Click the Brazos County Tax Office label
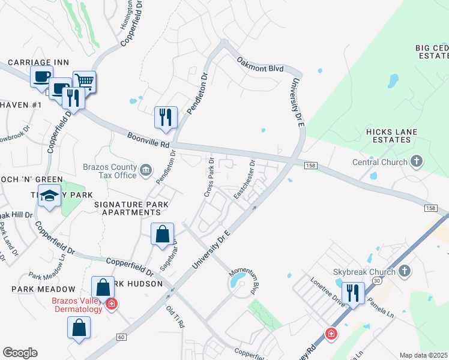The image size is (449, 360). click(x=109, y=171)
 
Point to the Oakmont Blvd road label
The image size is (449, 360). click(x=260, y=65)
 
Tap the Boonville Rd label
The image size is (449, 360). click(x=149, y=142)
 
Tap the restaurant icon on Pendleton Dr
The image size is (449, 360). click(x=166, y=116)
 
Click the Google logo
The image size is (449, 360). click(x=20, y=353)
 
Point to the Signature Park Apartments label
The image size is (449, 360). click(x=127, y=208)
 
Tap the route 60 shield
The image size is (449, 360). click(x=122, y=337)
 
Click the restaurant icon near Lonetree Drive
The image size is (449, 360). click(x=352, y=293)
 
